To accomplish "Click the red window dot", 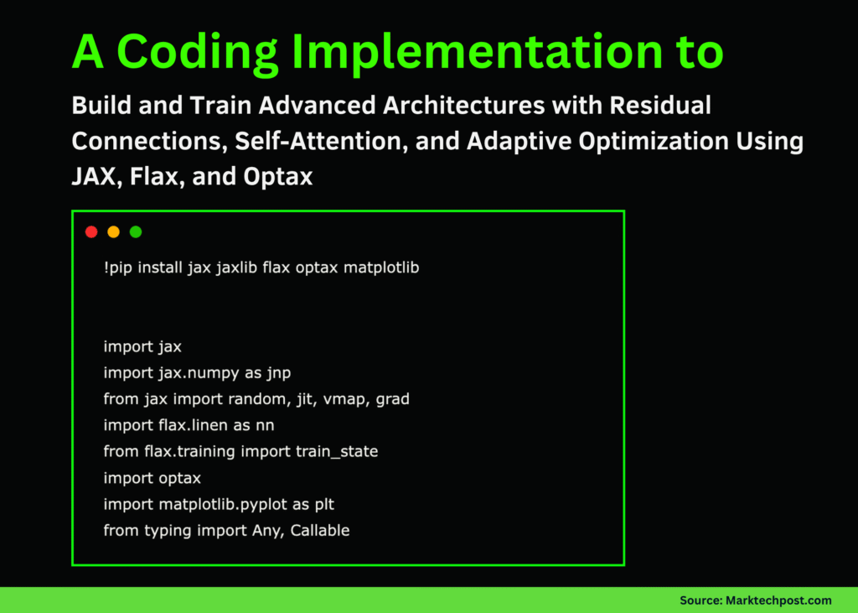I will (91, 232).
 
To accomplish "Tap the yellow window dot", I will (113, 232).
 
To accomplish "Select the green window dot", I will (136, 232).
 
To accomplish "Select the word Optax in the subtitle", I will (279, 177).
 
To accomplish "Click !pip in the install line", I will (119, 268).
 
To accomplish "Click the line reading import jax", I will (142, 346).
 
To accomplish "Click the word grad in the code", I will (392, 399).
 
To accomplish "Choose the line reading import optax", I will (152, 478).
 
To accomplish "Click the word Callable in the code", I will (319, 530).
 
